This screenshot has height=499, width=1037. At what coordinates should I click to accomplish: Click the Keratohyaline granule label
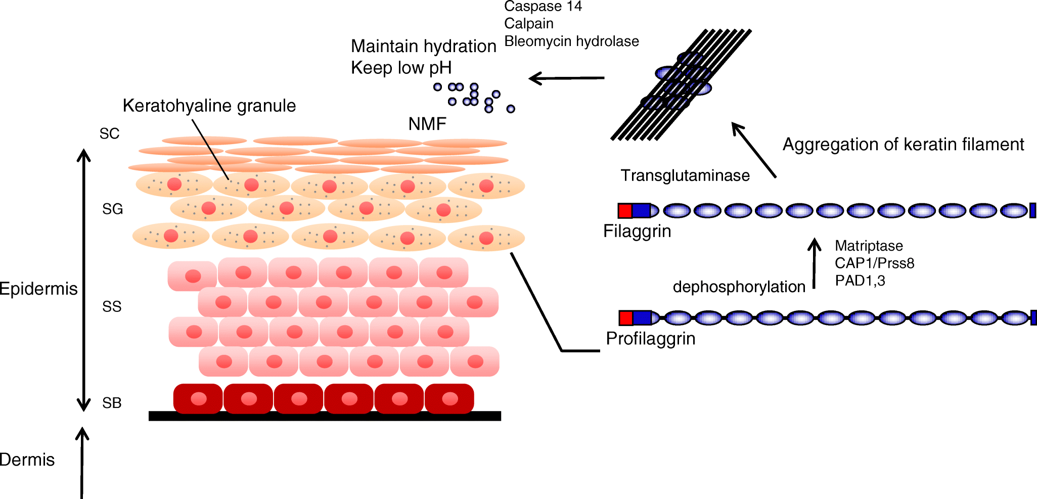pos(209,106)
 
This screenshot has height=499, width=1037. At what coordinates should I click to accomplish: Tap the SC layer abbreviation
pos(109,134)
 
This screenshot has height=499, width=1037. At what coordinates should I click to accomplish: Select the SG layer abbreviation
pos(112,209)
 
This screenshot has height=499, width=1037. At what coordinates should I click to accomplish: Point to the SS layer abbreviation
pos(112,307)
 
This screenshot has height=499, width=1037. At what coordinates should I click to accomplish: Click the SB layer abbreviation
pos(112,403)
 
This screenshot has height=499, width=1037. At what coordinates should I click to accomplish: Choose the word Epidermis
pos(38,289)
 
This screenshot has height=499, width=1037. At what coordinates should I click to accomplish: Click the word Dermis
pos(27,460)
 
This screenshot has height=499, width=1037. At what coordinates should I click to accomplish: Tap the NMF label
pos(427,124)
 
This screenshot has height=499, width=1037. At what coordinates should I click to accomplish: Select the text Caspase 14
pos(543,7)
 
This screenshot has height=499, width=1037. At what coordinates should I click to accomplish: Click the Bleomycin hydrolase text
pos(571,41)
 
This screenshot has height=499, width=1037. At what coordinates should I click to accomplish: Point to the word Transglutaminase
pos(685,175)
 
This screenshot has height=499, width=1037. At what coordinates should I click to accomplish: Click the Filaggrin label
pos(637,231)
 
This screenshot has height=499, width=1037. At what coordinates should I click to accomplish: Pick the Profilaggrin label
pos(650,338)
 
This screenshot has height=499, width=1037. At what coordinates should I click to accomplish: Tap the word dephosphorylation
pos(739,287)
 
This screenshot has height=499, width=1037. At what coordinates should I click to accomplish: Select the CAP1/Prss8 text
pos(874,263)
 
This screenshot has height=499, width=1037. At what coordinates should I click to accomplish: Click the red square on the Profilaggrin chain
pos(625,318)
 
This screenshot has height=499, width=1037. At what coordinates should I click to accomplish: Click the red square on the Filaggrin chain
pos(625,211)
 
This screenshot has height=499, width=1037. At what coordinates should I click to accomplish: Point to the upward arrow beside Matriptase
pos(814,263)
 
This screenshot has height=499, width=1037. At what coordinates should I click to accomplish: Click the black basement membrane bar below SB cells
pos(325,416)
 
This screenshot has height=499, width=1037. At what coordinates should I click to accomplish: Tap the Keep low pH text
pos(401,68)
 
